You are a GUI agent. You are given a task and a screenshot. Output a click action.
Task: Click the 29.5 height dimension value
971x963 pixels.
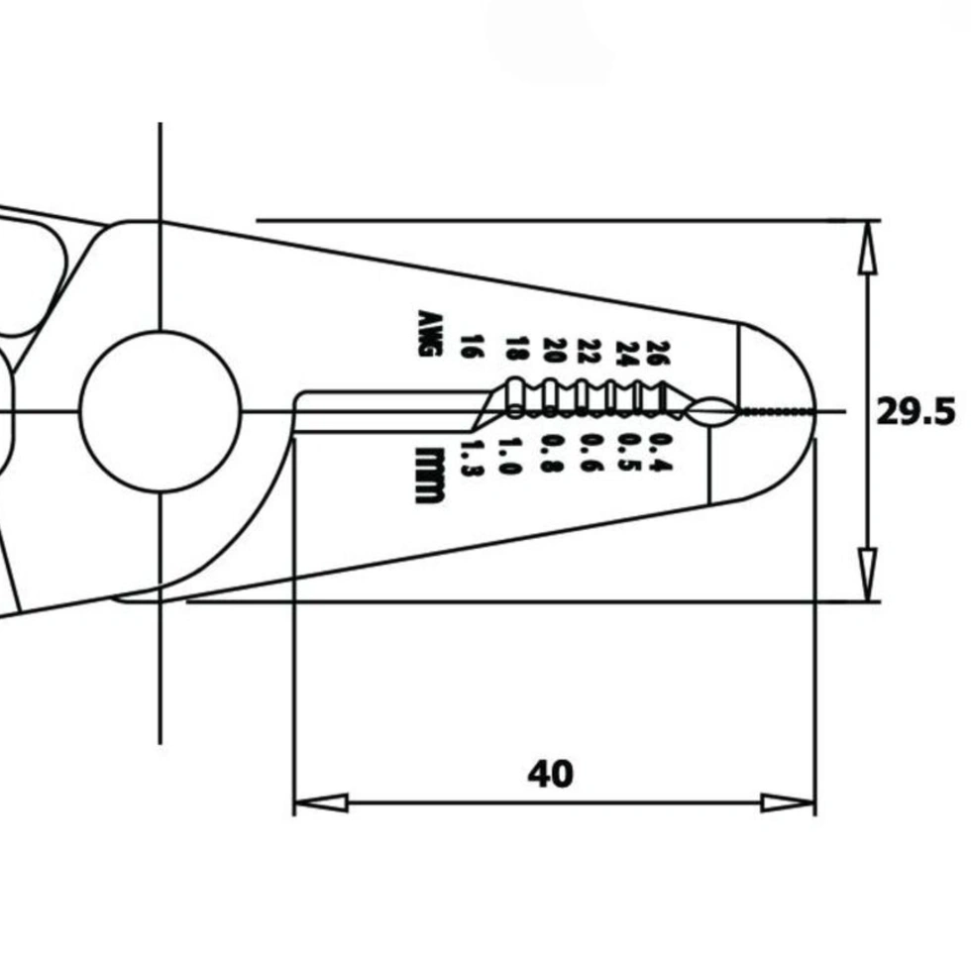[x=916, y=412]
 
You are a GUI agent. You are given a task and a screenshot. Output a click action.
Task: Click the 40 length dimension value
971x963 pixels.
[x=551, y=774]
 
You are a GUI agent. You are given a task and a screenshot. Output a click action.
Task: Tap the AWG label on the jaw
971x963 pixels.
[x=431, y=333]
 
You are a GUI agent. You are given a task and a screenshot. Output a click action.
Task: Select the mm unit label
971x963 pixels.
[x=430, y=476]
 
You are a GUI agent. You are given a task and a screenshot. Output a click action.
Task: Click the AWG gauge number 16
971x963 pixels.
[x=471, y=347]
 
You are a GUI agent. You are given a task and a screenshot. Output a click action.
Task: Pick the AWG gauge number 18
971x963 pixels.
[x=516, y=349]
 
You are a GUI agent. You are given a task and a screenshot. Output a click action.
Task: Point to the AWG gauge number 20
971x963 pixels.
[x=555, y=350]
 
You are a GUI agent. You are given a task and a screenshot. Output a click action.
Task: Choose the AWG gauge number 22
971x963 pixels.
[x=590, y=351]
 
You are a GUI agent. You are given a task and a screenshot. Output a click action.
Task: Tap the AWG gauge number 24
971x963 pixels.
[x=627, y=353]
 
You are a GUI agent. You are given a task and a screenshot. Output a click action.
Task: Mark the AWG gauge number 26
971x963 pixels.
[x=658, y=353]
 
